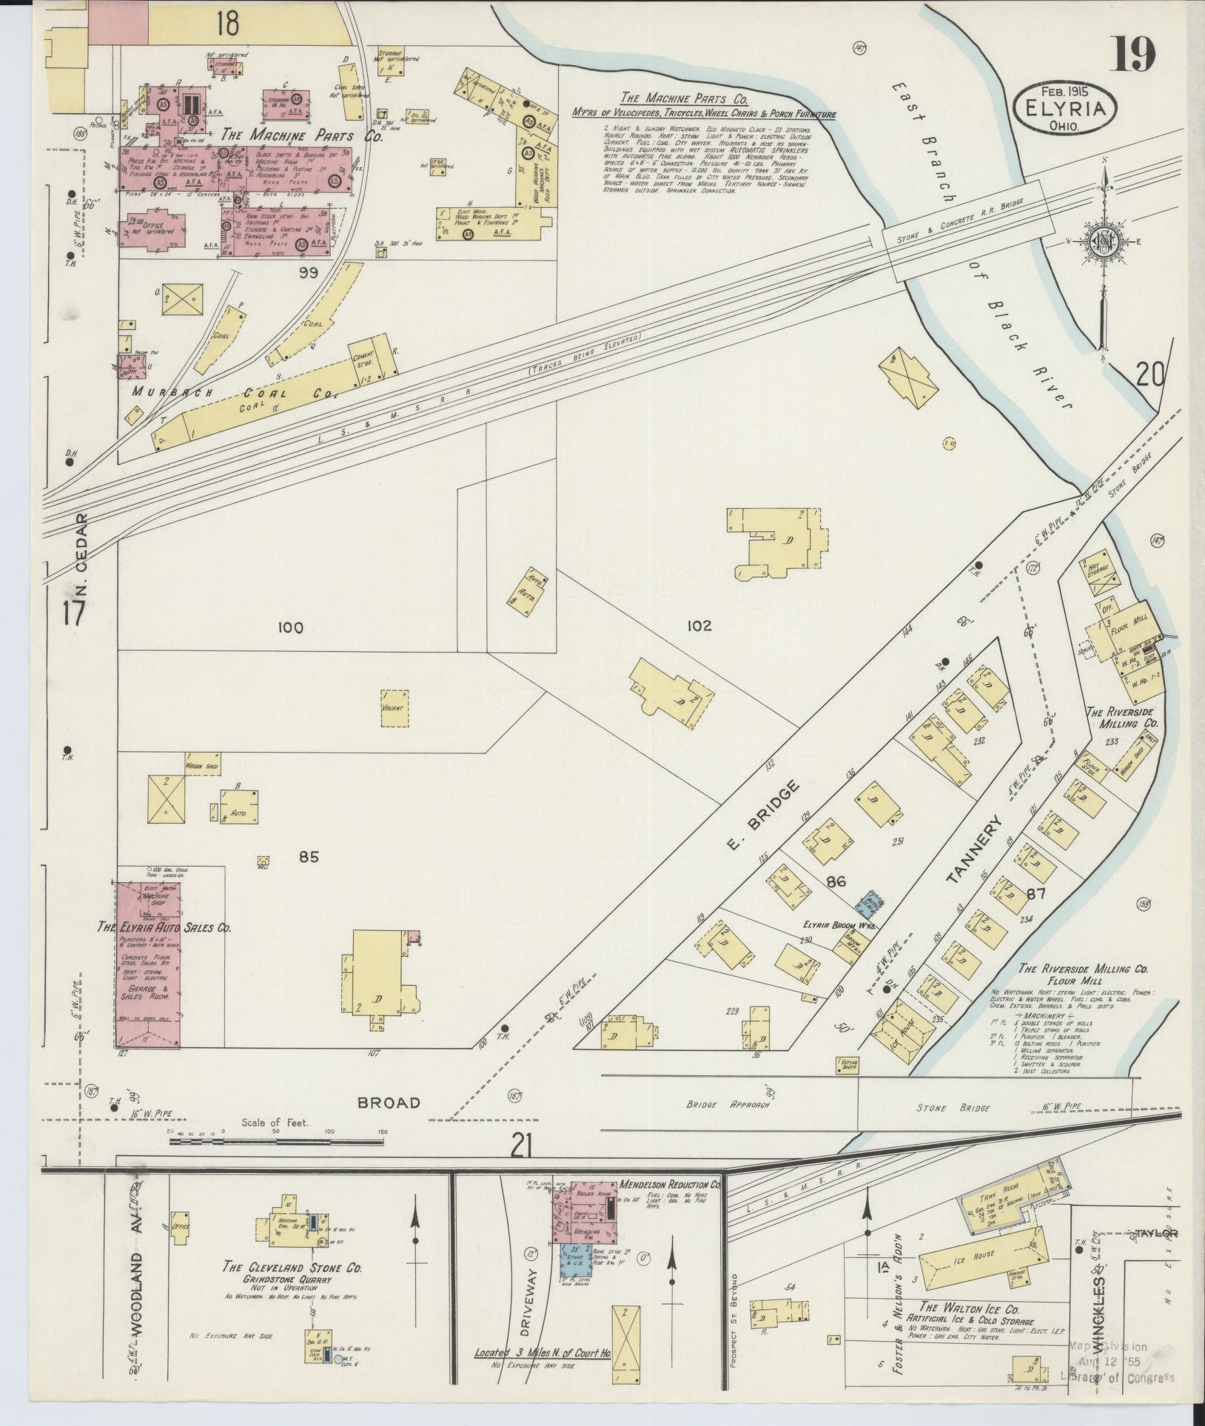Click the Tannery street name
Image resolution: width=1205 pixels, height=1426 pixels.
pyautogui.click(x=975, y=850)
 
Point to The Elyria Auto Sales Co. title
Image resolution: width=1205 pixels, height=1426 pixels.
pyautogui.click(x=164, y=926)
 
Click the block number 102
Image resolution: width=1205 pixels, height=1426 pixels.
pyautogui.click(x=698, y=626)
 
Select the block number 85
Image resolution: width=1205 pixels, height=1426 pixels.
pyautogui.click(x=308, y=857)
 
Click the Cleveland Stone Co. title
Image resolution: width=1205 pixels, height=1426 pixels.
pyautogui.click(x=292, y=1268)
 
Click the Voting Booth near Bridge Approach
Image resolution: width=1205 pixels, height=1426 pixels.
pyautogui.click(x=845, y=1066)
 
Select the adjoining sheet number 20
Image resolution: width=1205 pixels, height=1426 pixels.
pyautogui.click(x=1149, y=377)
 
